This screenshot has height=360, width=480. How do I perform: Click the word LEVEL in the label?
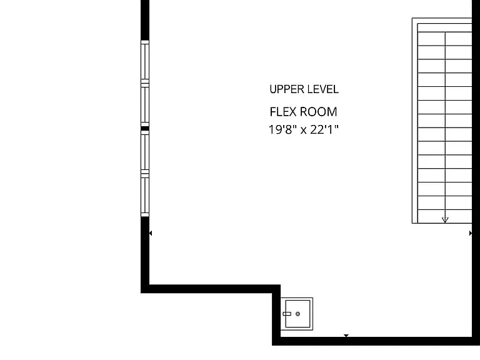point(323,89)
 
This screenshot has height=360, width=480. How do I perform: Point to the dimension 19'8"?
point(282,129)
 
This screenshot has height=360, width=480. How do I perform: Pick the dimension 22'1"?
point(324,129)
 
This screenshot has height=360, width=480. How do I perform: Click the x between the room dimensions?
point(303,131)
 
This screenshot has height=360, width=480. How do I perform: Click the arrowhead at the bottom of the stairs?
point(445,220)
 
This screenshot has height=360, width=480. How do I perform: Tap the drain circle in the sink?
point(298,314)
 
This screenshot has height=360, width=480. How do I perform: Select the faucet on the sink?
point(287,314)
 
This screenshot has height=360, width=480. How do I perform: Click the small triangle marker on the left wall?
point(150,233)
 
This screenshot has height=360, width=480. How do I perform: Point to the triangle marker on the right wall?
point(471,233)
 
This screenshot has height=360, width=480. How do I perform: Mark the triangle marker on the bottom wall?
point(346,336)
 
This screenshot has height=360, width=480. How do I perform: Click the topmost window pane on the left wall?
point(145,61)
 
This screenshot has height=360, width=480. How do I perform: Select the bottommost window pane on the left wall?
point(145,195)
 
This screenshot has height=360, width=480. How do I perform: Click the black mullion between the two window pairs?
point(145,129)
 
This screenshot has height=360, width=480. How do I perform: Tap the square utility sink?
point(297,314)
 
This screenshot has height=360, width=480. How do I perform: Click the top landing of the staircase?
point(444,27)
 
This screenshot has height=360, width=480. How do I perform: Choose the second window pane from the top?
point(145,104)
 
